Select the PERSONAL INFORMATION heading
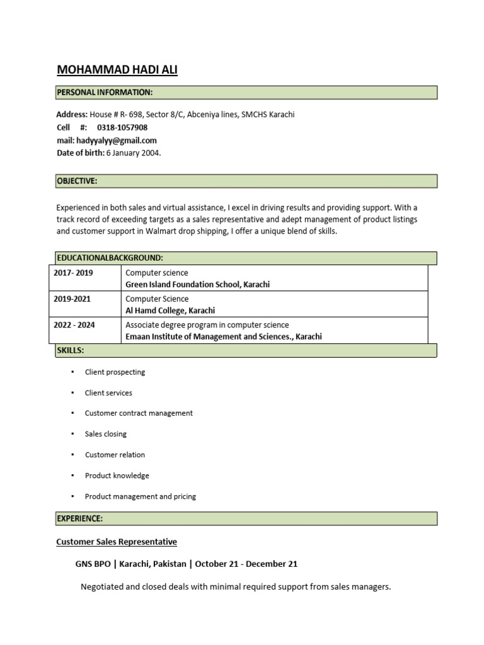pyautogui.click(x=105, y=93)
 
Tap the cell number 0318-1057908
pyautogui.click(x=122, y=128)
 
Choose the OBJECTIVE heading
pyautogui.click(x=77, y=181)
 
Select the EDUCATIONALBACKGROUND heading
pyautogui.click(x=110, y=258)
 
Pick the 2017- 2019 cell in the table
pyautogui.click(x=72, y=273)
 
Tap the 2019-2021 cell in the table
pyautogui.click(x=72, y=299)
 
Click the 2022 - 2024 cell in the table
pyautogui.click(x=74, y=325)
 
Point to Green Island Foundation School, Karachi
pyautogui.click(x=197, y=285)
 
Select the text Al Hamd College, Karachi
pyautogui.click(x=170, y=311)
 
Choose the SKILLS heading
pyautogui.click(x=71, y=350)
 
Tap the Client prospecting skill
pyautogui.click(x=115, y=372)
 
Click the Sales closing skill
pyautogui.click(x=106, y=434)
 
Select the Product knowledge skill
pyautogui.click(x=117, y=476)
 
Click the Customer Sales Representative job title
pyautogui.click(x=117, y=542)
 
